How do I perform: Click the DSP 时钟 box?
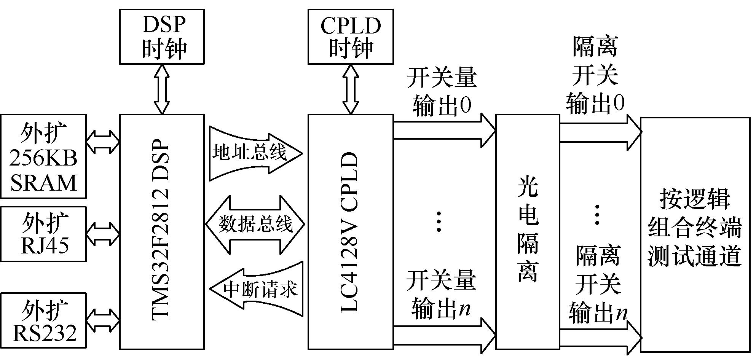[162, 37]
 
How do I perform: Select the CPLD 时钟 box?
[350, 37]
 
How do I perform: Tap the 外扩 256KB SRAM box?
[43, 156]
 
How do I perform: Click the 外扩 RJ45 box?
[43, 234]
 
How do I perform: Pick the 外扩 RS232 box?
[43, 320]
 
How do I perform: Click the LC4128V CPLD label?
[350, 232]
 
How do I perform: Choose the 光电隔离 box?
[528, 232]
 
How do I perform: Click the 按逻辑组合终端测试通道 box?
[695, 234]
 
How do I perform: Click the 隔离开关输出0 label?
[595, 76]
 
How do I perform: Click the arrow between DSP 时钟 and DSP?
[162, 89]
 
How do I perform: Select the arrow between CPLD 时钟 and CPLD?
[350, 89]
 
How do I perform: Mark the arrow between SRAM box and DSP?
[103, 142]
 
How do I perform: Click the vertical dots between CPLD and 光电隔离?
[439, 221]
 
